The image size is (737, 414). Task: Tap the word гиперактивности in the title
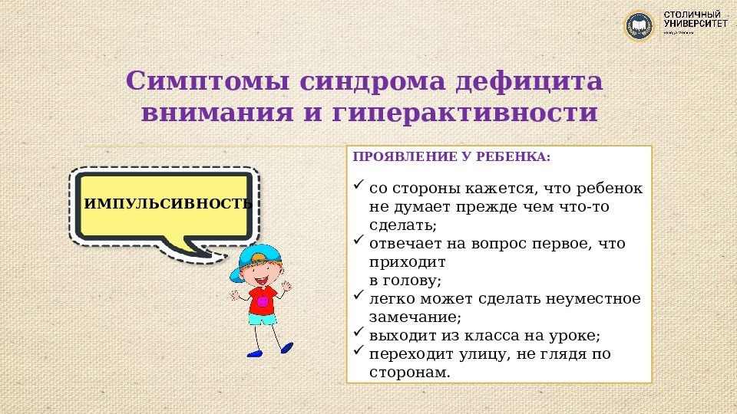465,113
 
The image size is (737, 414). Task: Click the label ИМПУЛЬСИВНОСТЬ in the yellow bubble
167,204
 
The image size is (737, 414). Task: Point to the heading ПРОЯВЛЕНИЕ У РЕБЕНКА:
451,156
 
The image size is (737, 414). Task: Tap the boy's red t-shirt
263,301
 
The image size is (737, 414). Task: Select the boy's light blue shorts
263,320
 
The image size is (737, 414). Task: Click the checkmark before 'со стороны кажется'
359,186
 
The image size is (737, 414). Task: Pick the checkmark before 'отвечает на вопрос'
359,241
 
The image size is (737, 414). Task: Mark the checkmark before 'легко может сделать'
359,296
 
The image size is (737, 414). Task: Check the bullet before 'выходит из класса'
359,333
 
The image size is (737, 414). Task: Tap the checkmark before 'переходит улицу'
359,352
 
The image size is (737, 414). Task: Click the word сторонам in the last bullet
406,372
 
